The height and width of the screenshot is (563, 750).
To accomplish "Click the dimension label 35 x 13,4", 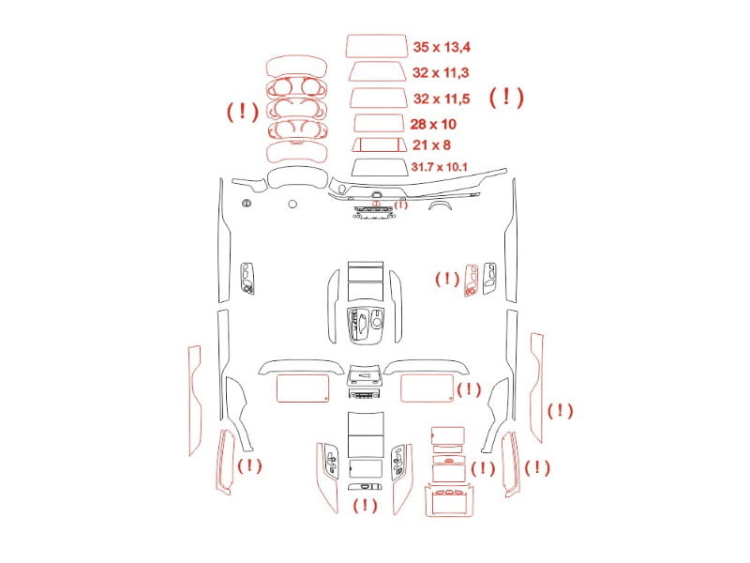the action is [x=442, y=47].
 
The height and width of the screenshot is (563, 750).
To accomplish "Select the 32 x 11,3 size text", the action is [x=441, y=73].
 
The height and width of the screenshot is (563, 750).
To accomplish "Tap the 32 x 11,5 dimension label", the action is [x=442, y=99].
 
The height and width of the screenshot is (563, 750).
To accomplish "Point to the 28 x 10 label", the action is [x=433, y=124].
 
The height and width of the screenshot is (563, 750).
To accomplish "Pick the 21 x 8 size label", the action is [x=431, y=145].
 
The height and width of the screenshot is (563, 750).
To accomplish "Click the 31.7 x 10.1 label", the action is [x=439, y=167].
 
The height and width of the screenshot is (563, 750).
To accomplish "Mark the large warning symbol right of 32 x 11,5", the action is [x=506, y=98].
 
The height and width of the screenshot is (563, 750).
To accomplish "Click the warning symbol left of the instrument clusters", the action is [x=243, y=112].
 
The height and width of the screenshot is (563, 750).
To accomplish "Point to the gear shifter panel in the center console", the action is [x=366, y=326].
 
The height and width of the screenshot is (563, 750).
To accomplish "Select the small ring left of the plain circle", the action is [x=247, y=204].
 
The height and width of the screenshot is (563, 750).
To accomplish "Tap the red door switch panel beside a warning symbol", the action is [x=471, y=280].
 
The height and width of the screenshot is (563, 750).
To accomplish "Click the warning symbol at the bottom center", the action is [x=365, y=505].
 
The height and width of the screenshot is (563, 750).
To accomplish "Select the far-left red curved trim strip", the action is [x=195, y=401].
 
